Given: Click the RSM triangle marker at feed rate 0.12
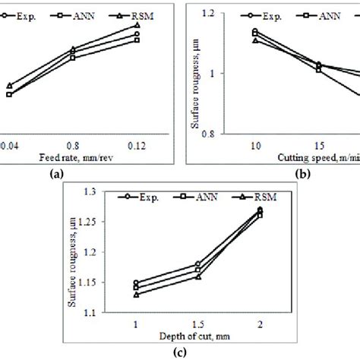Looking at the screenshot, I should tap(136, 25).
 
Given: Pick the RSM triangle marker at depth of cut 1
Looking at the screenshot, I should tap(136, 295).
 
